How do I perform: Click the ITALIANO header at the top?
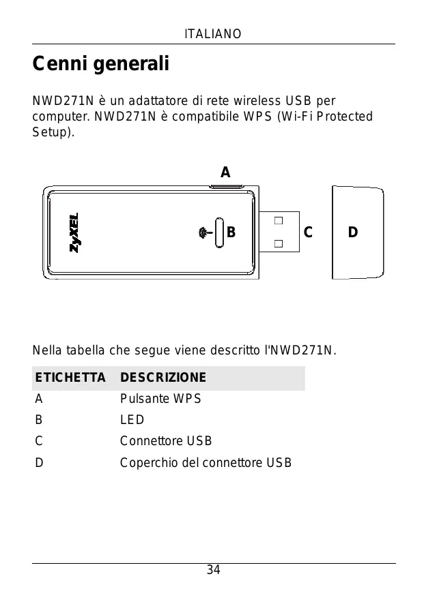tap(212, 34)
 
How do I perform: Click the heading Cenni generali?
tap(101, 65)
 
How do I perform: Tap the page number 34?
tap(213, 570)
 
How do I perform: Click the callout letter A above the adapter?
tap(225, 172)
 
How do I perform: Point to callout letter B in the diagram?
tap(231, 232)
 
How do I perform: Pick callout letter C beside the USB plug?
tap(308, 232)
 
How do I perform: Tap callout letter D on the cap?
tap(352, 232)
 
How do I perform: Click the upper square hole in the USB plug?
tap(278, 222)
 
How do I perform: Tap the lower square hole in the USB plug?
tap(278, 243)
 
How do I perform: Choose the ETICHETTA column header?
tap(70, 378)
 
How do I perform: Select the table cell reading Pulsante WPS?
tap(160, 399)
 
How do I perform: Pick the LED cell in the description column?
tap(132, 420)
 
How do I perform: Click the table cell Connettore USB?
tap(166, 441)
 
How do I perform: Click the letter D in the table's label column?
tap(40, 463)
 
